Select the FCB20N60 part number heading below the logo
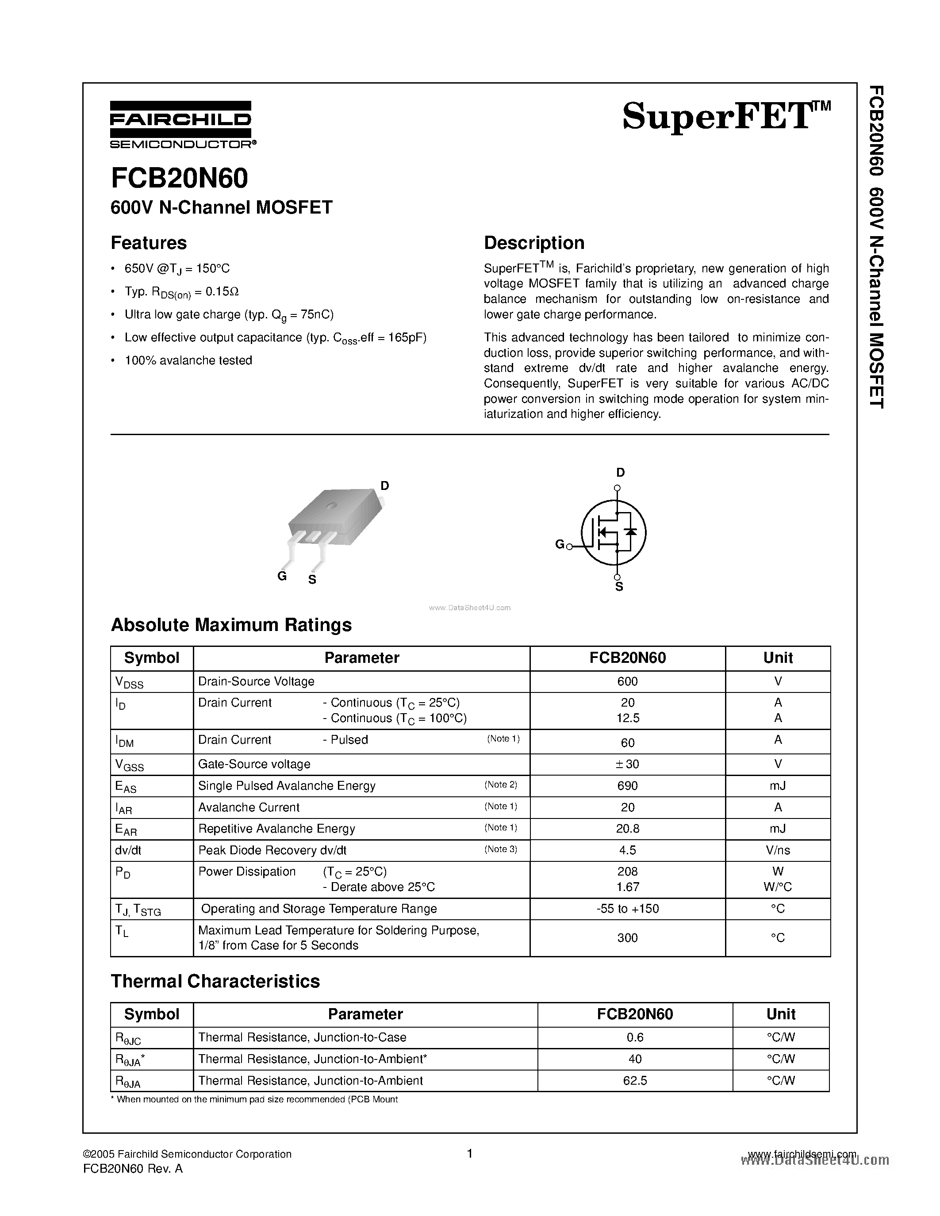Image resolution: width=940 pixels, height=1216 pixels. (179, 178)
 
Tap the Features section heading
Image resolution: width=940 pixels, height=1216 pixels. (149, 243)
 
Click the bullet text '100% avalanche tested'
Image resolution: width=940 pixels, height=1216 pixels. (188, 361)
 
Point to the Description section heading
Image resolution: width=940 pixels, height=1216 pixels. (533, 243)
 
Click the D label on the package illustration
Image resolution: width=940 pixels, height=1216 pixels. (384, 486)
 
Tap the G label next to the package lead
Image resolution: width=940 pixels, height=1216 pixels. (282, 576)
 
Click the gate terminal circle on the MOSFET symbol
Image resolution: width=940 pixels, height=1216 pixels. (569, 547)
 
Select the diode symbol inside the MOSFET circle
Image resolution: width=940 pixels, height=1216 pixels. (630, 531)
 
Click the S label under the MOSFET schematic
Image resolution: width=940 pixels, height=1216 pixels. (619, 587)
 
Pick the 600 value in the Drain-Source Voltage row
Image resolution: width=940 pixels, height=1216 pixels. (627, 681)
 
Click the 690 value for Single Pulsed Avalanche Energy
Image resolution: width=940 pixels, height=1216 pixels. (627, 786)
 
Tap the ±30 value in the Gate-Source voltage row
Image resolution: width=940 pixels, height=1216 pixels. (627, 764)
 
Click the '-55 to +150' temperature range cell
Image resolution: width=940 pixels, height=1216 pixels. (627, 909)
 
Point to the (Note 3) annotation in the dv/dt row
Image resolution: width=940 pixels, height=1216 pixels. (501, 849)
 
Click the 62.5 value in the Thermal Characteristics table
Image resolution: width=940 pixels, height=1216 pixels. (635, 1081)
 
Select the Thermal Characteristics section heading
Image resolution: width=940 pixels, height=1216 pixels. (215, 981)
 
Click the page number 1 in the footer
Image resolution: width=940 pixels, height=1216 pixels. (469, 1154)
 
